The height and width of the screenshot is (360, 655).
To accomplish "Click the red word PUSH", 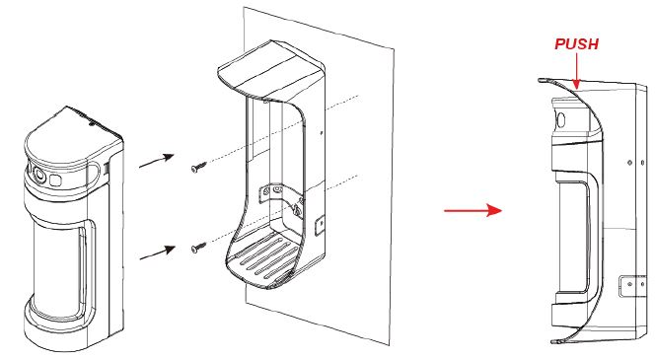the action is coord(576,44).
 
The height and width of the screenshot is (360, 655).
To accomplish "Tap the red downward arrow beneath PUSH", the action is coord(576,71).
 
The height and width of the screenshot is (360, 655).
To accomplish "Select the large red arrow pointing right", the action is coord(473,210).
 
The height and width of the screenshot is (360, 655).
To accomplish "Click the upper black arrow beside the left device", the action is coord(156,161).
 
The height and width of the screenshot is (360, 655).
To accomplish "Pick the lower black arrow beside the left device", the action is coord(157,252).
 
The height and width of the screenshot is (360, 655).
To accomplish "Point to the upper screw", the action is coord(198,167).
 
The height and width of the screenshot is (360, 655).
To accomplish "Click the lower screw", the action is coord(198,248).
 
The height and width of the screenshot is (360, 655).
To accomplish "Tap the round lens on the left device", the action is coord(39,175).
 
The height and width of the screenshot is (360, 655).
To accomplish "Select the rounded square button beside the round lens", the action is coord(55,180).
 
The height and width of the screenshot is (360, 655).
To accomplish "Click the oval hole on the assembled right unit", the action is coord(561,120).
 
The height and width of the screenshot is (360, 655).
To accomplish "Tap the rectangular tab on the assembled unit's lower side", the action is coord(631,286).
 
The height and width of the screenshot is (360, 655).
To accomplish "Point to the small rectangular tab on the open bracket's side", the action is coord(321,225).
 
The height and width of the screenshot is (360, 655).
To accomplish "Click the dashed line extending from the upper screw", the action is coord(283,129).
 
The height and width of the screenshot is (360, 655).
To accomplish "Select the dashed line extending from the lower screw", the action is coord(283,210).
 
